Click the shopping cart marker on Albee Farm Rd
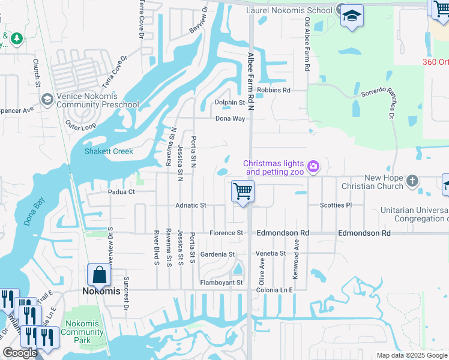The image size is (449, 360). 243,192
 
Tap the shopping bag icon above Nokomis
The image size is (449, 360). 99,275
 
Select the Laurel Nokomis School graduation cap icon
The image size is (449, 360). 352,17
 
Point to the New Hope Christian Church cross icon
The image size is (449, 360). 412,181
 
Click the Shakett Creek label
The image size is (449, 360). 109,151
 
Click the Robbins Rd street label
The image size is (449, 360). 273,90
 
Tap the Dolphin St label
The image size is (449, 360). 230,103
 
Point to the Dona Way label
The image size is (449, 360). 231,119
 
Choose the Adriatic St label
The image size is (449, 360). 191,205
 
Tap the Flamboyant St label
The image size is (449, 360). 221,283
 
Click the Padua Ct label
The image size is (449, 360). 121,193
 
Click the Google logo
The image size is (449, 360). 20,353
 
